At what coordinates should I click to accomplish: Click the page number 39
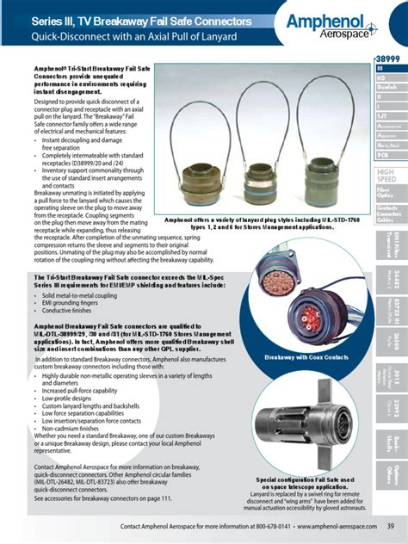pos(390,527)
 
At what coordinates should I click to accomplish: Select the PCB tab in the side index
pos(388,156)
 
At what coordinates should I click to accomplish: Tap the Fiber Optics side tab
pos(388,195)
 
